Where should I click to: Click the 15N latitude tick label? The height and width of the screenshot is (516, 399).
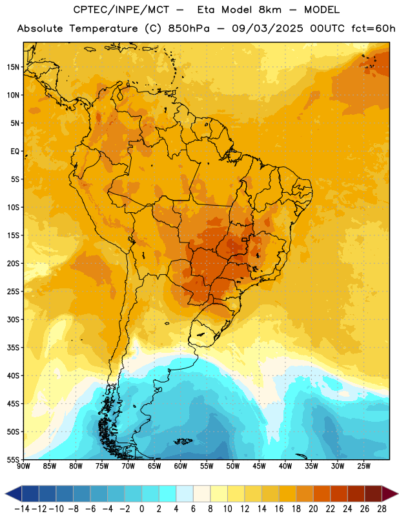(x=13, y=67)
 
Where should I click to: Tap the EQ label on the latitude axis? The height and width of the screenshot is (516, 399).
(x=15, y=152)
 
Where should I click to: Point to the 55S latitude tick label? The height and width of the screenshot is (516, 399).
(x=13, y=459)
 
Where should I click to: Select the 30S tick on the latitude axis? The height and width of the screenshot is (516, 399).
(x=13, y=319)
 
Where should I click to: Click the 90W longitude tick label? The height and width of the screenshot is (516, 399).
(x=23, y=466)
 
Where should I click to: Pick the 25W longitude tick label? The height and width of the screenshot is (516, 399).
(x=363, y=466)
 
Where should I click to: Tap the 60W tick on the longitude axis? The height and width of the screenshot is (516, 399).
(x=181, y=466)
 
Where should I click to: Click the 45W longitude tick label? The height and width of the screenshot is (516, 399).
(x=259, y=466)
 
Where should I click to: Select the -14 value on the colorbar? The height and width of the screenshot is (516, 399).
(x=22, y=509)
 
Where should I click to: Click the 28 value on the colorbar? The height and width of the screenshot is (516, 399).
(x=382, y=509)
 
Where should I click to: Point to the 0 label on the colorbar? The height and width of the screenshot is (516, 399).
(x=141, y=509)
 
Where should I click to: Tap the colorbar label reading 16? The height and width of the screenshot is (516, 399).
(x=279, y=509)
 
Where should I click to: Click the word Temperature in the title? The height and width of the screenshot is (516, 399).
(x=103, y=28)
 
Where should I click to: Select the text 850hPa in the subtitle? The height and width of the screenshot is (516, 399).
(x=189, y=28)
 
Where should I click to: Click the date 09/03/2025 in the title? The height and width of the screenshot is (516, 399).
(x=267, y=28)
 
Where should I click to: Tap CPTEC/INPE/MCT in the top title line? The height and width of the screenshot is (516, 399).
(x=121, y=10)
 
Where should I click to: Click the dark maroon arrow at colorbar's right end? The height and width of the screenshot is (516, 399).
(x=390, y=493)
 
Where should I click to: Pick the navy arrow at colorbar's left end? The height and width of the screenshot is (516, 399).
(x=14, y=493)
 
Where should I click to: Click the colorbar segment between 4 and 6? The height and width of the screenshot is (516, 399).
(x=185, y=493)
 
